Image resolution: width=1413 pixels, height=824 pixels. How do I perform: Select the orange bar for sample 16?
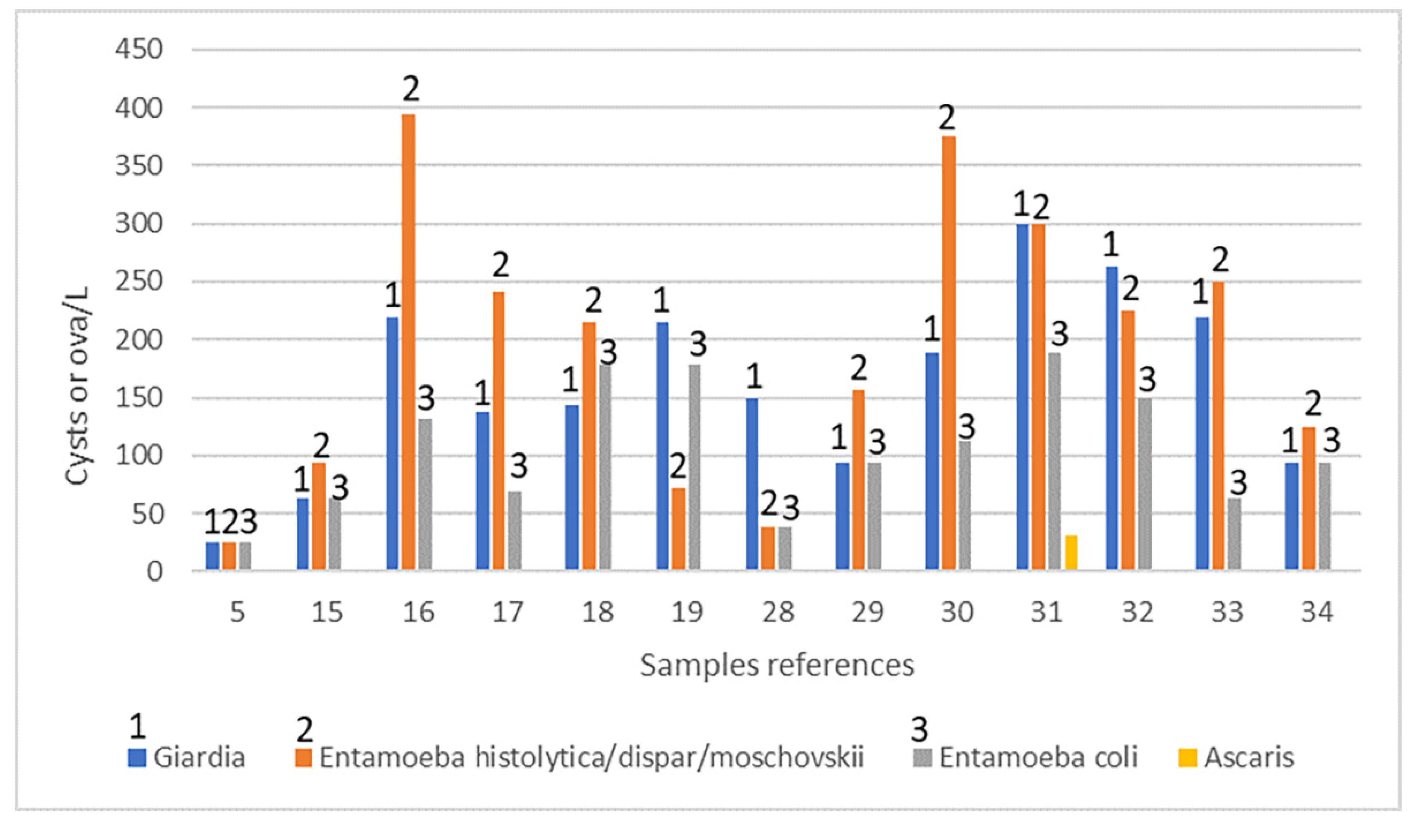408,342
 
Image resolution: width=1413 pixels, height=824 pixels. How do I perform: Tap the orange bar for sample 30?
948,353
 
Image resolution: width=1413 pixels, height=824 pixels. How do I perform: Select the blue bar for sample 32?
1111,418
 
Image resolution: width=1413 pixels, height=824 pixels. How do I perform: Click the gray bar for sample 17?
515,531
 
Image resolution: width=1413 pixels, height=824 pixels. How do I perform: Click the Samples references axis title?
777,666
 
